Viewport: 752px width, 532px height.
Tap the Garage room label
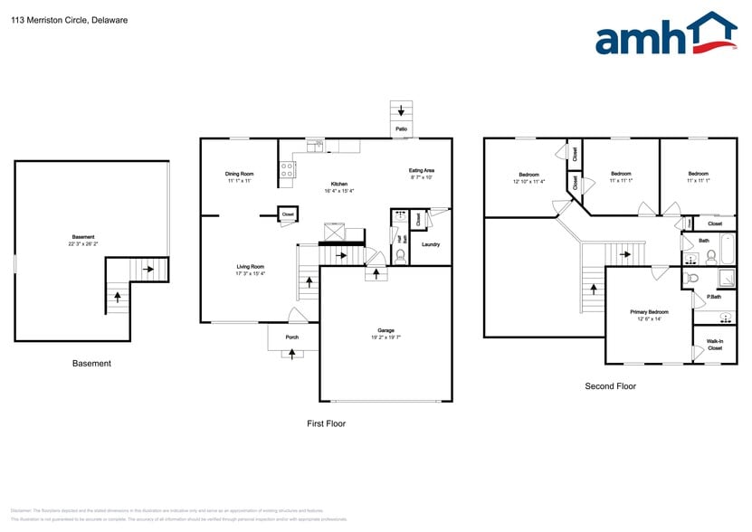click(386, 330)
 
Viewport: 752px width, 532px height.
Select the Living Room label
click(250, 266)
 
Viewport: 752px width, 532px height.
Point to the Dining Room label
click(239, 174)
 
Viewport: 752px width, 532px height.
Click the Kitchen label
click(338, 184)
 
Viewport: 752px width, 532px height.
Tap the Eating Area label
click(422, 170)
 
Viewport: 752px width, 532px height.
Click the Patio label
click(400, 130)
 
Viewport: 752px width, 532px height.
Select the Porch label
click(292, 337)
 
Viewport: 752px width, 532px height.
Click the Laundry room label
click(431, 244)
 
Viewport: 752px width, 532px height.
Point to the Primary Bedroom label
click(650, 311)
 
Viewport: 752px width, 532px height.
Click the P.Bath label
click(714, 297)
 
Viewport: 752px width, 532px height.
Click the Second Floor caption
click(610, 386)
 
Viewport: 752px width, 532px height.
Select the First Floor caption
click(325, 423)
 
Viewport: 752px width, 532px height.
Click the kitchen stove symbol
click(287, 166)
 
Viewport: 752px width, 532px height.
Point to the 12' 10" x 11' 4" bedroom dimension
click(529, 181)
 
